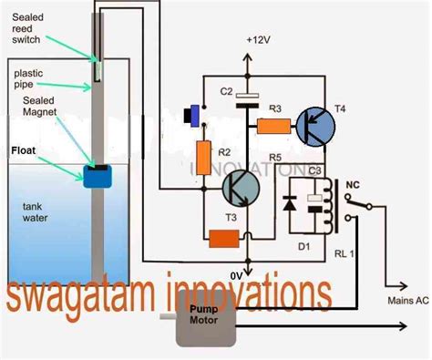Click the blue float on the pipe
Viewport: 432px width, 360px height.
(96, 176)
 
